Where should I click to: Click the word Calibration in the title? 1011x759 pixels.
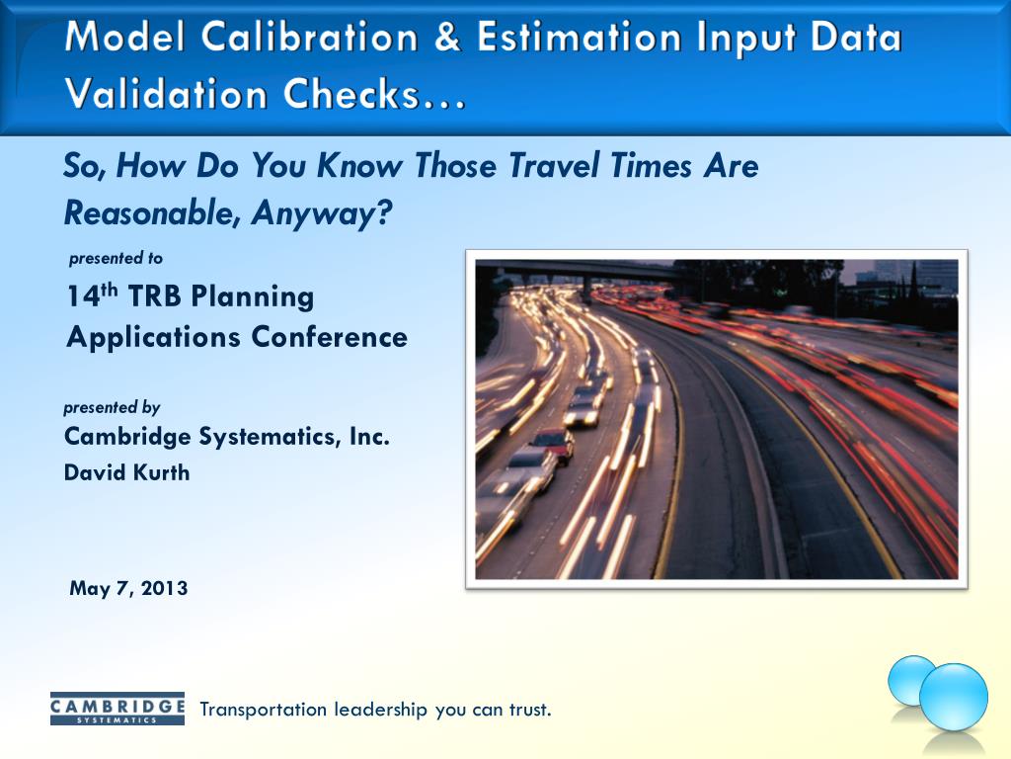coord(309,37)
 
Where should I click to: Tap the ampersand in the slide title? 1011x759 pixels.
coord(447,37)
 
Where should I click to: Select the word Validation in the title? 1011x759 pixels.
coord(166,94)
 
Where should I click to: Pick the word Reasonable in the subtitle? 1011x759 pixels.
coord(148,212)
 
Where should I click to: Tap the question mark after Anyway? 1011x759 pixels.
coord(384,212)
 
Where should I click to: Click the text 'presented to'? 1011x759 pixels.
coord(117,259)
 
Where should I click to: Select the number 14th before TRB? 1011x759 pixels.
coord(93,295)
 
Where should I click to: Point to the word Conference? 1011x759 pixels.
coord(329,338)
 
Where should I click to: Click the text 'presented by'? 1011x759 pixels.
coord(112,408)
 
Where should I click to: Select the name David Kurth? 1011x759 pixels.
coord(127,473)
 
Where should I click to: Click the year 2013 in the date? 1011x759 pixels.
coord(164,588)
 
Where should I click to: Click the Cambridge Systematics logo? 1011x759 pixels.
coord(117,709)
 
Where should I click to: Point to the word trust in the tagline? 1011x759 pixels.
coord(530,710)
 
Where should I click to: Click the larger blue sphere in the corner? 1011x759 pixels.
coord(953,697)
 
